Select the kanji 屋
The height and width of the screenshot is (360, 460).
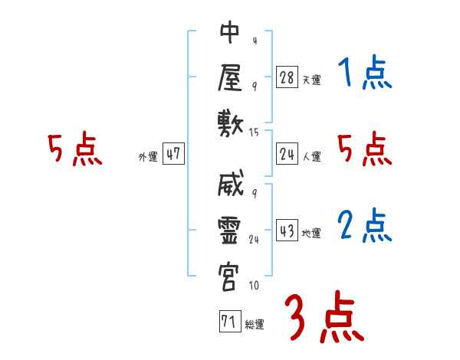(230, 77)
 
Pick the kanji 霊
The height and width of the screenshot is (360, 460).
(230, 231)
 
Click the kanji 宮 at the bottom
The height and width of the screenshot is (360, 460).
(230, 276)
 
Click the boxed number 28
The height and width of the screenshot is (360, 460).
(287, 77)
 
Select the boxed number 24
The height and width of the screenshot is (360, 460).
(287, 155)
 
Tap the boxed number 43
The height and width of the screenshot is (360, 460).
(287, 231)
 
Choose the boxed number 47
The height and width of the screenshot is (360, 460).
(173, 155)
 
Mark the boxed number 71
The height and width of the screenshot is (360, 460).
(228, 322)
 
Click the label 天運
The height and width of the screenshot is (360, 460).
(311, 80)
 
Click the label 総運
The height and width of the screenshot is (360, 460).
(255, 325)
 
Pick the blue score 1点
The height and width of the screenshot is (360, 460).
(364, 74)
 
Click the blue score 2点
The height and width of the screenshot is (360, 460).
(364, 225)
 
